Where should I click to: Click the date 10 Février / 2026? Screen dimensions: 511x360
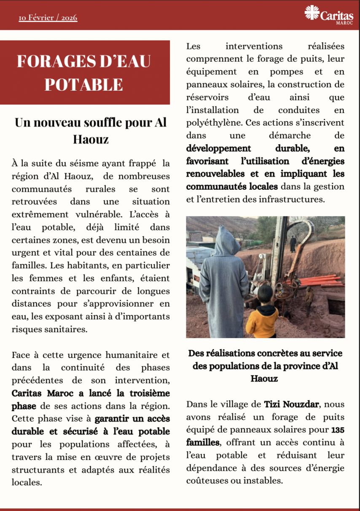[48, 18]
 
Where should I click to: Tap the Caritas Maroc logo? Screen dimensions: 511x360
[329, 16]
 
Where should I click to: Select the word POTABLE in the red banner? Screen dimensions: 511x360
[83, 85]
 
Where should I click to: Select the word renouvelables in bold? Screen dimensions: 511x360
[214, 174]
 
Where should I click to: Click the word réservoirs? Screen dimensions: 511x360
[207, 97]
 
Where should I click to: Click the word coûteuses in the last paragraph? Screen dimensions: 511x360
[204, 481]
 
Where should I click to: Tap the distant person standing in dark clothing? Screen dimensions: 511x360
[293, 244]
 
